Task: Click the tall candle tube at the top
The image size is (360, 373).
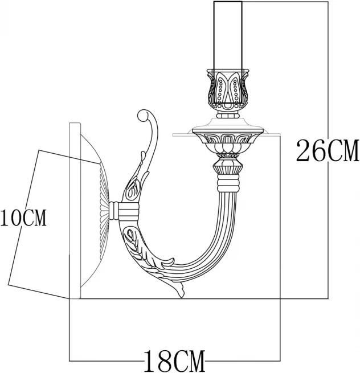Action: pyautogui.click(x=228, y=34)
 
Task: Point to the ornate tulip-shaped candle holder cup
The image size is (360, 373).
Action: pyautogui.click(x=228, y=91)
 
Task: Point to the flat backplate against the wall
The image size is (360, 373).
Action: pyautogui.click(x=75, y=211)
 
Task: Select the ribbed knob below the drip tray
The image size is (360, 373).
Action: pyautogui.click(x=229, y=167)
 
